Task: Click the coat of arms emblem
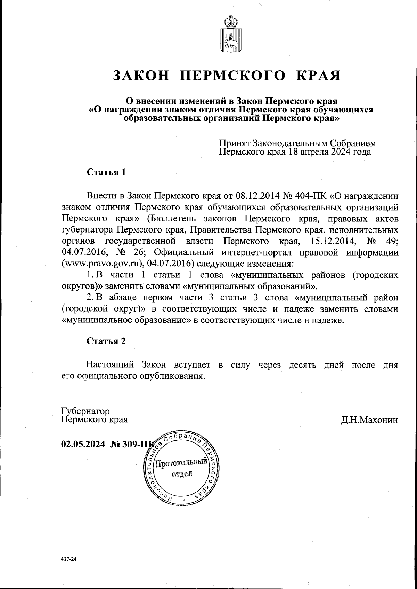230,35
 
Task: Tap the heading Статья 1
106,172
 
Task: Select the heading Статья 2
106,341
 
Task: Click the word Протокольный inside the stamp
181,463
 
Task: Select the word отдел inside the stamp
181,474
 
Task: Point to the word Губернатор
85,411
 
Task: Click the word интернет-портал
255,252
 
